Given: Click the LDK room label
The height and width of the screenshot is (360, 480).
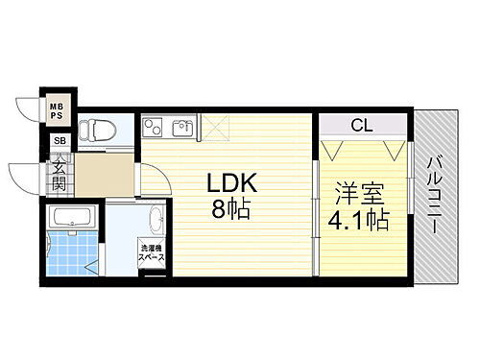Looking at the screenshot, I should point(229,182).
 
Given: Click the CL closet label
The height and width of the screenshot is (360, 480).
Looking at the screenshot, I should point(361,124).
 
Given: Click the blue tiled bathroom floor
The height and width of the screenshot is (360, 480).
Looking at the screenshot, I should point(69,252).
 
